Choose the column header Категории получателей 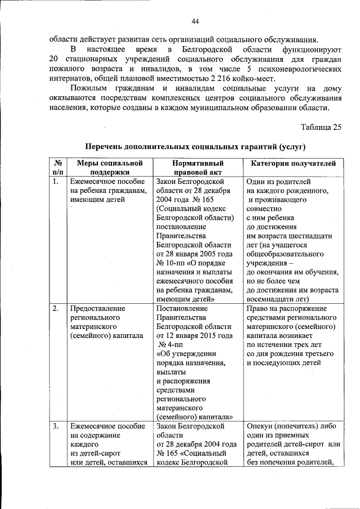click(x=292, y=163)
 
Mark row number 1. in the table click(x=55, y=182)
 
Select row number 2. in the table click(x=55, y=309)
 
